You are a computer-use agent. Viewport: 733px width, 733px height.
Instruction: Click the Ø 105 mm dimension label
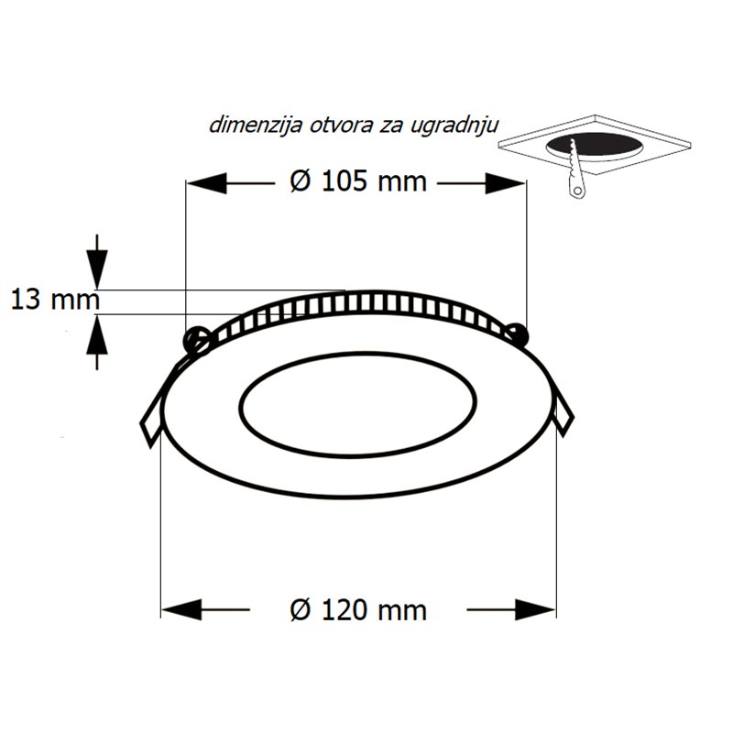[x=358, y=181]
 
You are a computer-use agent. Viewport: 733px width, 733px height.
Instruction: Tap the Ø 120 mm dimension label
[x=358, y=610]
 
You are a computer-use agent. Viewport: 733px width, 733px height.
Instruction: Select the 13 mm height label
[x=55, y=300]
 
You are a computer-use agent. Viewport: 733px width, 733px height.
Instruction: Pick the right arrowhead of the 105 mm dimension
[x=506, y=183]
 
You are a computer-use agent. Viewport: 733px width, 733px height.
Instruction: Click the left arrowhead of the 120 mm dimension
[x=181, y=609]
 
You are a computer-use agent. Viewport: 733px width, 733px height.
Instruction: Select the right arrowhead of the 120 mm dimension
[x=536, y=609]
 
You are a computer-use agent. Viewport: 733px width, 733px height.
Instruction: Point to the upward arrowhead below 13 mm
[x=97, y=334]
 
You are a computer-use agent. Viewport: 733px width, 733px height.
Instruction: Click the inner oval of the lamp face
[x=358, y=404]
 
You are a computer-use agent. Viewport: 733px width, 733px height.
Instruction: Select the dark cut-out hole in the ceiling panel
[x=595, y=145]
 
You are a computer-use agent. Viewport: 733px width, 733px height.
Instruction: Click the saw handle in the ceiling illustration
[x=577, y=186]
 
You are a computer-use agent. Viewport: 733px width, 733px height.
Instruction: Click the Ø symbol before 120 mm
[x=301, y=611]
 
